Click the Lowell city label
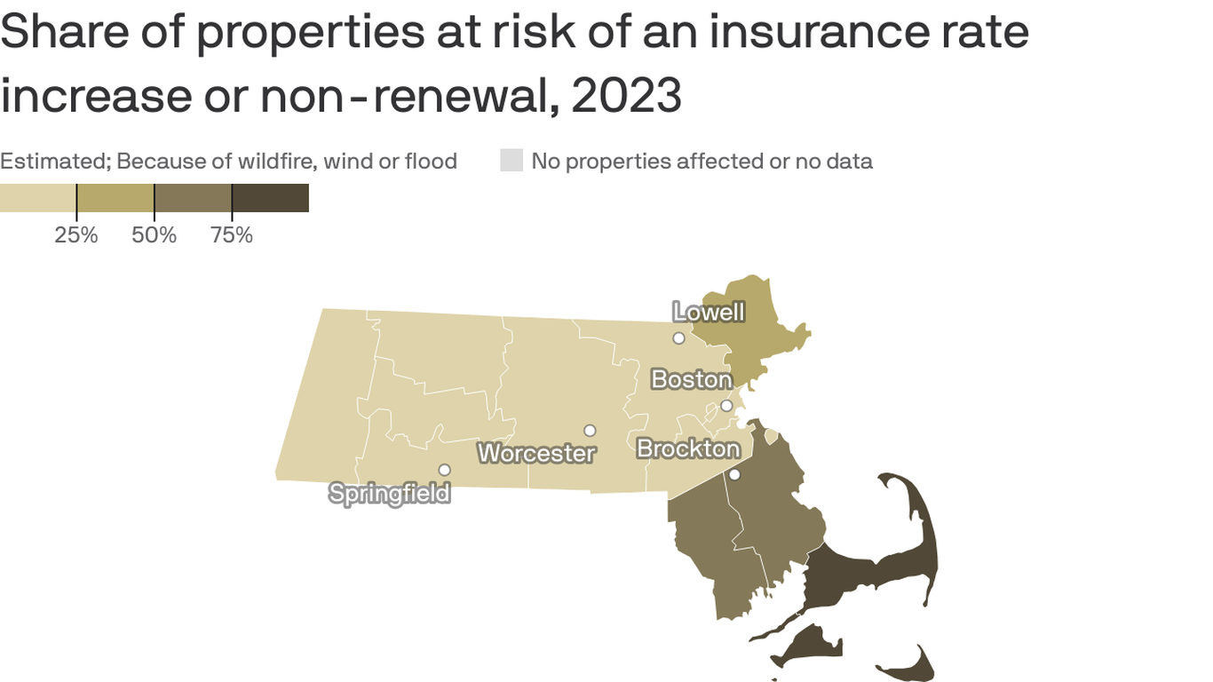click(709, 313)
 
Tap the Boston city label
click(691, 380)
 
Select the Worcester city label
click(536, 453)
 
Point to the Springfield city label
click(390, 493)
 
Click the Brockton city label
click(688, 449)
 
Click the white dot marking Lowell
click(678, 338)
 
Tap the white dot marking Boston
click(726, 406)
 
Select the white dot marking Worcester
click(590, 431)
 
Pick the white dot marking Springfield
click(445, 470)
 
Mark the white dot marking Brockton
click(734, 475)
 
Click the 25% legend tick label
click(76, 235)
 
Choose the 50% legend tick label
click(155, 235)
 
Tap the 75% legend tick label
click(232, 235)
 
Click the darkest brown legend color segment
click(270, 198)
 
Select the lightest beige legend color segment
click(38, 198)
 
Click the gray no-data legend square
click(511, 161)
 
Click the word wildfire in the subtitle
click(271, 162)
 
